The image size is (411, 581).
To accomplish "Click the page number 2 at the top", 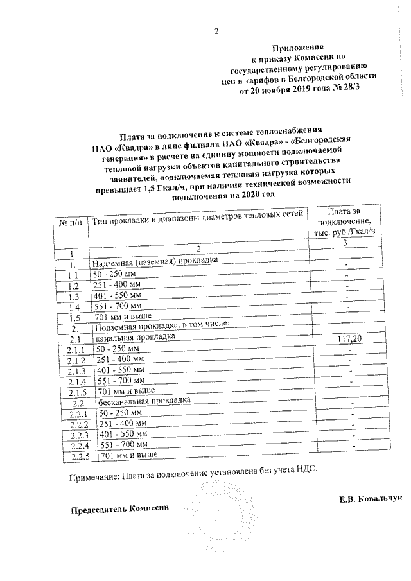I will pos(216,31).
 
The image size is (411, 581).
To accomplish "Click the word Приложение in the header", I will pos(298,48).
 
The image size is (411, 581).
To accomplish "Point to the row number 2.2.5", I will pos(80,456).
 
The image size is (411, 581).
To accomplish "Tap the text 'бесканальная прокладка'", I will pos(144,401).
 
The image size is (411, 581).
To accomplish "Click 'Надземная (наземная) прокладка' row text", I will pos(155,262).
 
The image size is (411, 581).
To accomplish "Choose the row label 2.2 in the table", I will pos(79,403).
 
